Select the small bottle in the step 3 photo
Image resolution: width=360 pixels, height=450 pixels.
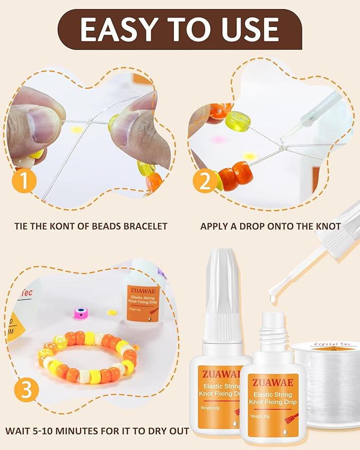coord(144,299)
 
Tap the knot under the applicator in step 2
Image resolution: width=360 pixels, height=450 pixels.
coord(283,147)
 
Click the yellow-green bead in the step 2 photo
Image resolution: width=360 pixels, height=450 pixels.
coord(238,123)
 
